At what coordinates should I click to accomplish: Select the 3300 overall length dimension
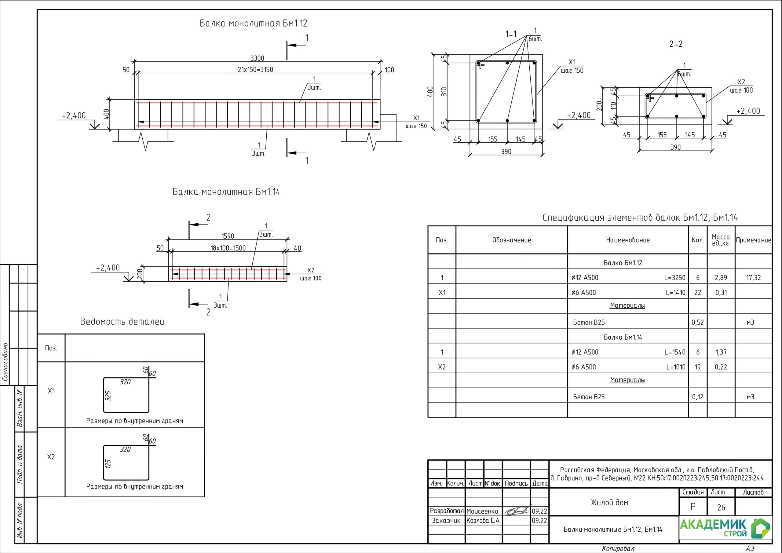(x=257, y=58)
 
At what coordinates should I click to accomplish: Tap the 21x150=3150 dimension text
(x=255, y=70)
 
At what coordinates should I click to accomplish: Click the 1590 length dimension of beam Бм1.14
(x=228, y=236)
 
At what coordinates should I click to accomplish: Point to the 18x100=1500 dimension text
(x=228, y=248)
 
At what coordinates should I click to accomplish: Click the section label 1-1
(x=510, y=34)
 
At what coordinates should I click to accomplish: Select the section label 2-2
(x=676, y=44)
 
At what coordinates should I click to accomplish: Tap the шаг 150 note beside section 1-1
(x=572, y=71)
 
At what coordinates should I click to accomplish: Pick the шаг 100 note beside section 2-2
(x=741, y=90)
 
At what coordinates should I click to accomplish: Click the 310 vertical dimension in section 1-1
(x=444, y=91)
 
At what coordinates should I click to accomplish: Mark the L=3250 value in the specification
(x=674, y=278)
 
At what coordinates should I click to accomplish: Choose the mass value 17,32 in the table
(x=753, y=278)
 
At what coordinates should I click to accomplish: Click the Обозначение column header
(x=511, y=240)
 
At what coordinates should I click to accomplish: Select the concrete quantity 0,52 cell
(x=697, y=322)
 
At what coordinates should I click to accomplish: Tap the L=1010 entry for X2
(x=675, y=367)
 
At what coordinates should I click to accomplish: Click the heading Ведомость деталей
(x=122, y=322)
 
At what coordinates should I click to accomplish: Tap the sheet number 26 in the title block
(x=721, y=507)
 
